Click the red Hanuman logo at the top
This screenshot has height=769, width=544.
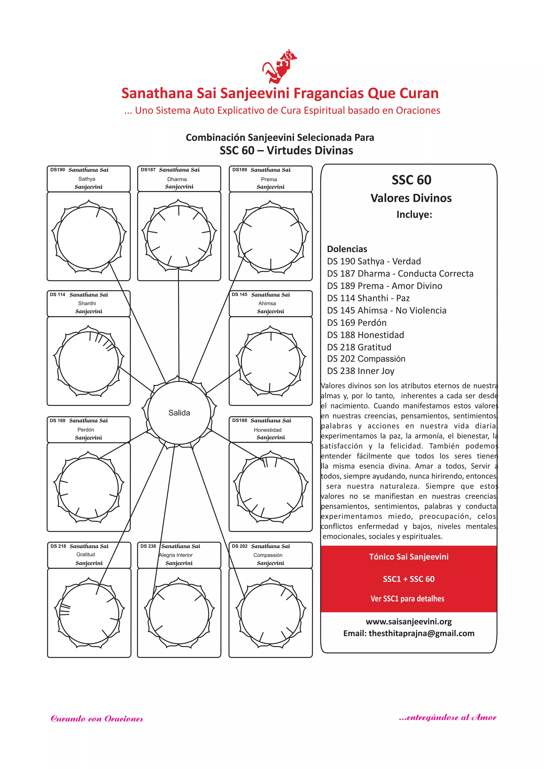(x=279, y=67)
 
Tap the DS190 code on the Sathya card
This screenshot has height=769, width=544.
(x=58, y=170)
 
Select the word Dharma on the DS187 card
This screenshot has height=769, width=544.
(x=177, y=179)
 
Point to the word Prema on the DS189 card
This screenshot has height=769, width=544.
(x=269, y=180)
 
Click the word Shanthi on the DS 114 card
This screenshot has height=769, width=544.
(x=87, y=303)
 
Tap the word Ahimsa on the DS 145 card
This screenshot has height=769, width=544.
(x=267, y=303)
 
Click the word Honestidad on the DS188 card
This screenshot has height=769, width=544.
(x=268, y=430)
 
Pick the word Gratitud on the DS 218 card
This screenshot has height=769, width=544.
(x=86, y=555)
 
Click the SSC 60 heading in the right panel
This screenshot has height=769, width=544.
(x=411, y=180)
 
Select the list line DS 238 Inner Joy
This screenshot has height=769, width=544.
(x=361, y=371)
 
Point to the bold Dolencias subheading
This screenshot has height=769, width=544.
(x=347, y=249)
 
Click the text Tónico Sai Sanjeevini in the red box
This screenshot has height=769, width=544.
(x=409, y=557)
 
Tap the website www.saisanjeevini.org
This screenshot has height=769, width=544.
(x=409, y=622)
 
